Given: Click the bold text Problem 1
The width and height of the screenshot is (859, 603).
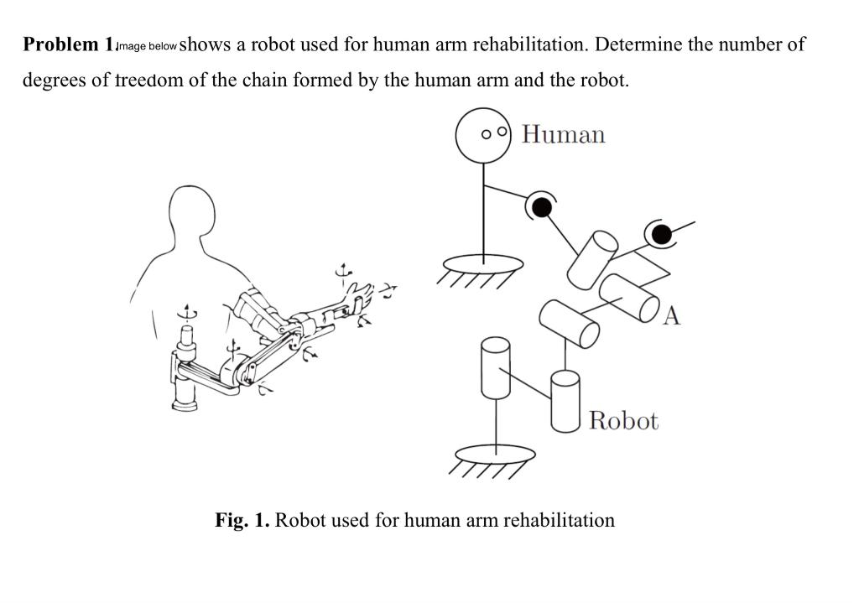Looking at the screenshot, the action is click(x=67, y=44).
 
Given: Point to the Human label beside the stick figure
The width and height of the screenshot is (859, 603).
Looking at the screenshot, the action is click(x=563, y=134).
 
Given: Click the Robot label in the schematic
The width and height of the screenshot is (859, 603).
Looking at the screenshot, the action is click(x=623, y=420).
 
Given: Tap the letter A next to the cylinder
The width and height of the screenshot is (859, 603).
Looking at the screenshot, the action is click(x=674, y=315).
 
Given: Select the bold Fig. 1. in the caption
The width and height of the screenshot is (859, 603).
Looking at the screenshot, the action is click(x=242, y=520).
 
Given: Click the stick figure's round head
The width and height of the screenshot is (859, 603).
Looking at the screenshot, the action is click(x=484, y=135).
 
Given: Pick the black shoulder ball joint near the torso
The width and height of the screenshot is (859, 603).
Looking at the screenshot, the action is click(x=542, y=205).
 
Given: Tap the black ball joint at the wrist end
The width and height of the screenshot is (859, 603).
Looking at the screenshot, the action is click(x=661, y=232).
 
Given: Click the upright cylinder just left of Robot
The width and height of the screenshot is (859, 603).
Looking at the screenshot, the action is click(x=565, y=400).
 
